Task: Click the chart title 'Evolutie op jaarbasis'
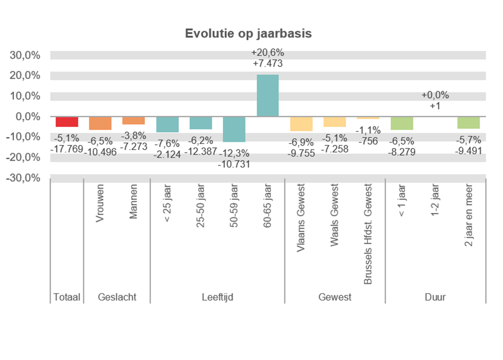click(x=248, y=34)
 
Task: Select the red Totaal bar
click(x=67, y=122)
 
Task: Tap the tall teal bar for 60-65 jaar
click(x=268, y=96)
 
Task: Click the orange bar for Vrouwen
click(x=100, y=123)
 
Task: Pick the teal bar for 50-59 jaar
click(x=234, y=129)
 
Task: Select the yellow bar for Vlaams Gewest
click(x=301, y=124)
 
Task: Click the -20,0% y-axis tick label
click(x=24, y=158)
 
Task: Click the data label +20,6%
click(x=268, y=53)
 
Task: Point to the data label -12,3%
click(x=234, y=154)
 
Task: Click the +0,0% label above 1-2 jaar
click(x=435, y=95)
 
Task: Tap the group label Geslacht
click(x=117, y=297)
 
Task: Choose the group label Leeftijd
click(x=217, y=297)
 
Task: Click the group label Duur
click(x=435, y=297)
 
